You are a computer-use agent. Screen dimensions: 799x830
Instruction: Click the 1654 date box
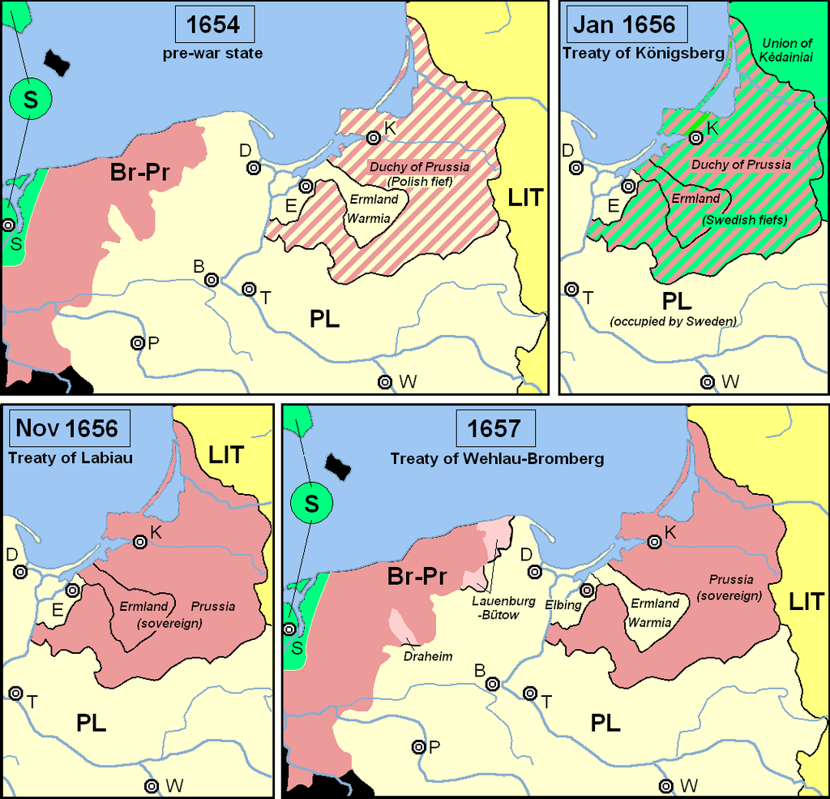click(x=214, y=24)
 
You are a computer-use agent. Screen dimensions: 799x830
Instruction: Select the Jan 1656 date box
click(x=623, y=24)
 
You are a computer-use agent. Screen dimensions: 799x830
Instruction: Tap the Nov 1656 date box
click(x=67, y=427)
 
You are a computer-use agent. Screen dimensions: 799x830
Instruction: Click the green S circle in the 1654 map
click(x=31, y=99)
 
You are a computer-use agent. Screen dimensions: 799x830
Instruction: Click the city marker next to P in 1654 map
click(x=138, y=343)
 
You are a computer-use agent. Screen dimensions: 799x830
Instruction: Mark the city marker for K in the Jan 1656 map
click(x=695, y=138)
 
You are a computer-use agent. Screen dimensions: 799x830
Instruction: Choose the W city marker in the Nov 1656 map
click(x=152, y=785)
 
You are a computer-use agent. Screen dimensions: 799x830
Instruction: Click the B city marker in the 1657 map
click(x=491, y=683)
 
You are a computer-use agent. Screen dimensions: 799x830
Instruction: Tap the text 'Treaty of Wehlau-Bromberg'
click(x=497, y=459)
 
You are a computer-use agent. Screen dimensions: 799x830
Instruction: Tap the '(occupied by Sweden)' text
click(x=673, y=322)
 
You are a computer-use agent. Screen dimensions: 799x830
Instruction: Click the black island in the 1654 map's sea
click(x=59, y=59)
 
